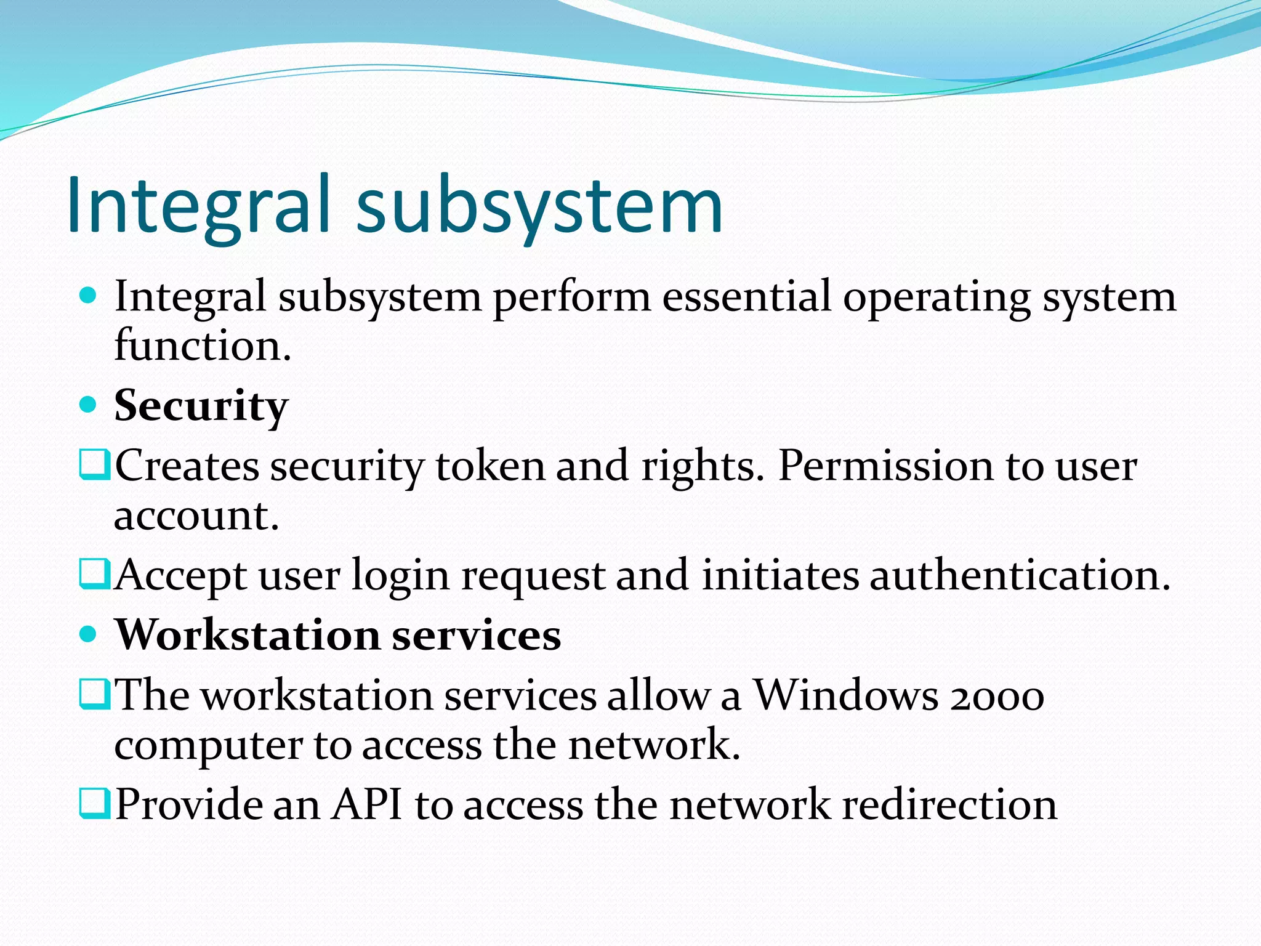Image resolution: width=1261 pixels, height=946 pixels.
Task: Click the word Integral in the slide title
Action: (198, 205)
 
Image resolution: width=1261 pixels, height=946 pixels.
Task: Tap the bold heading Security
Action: (201, 406)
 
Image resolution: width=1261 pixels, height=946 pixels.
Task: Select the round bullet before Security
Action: (89, 405)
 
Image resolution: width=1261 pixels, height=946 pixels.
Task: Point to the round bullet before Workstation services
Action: (89, 634)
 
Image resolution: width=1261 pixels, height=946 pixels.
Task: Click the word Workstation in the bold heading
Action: (248, 635)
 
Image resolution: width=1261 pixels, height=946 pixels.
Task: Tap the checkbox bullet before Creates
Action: (95, 465)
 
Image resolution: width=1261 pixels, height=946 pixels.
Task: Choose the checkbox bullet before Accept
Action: (95, 574)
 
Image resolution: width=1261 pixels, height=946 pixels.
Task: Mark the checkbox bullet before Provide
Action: (95, 803)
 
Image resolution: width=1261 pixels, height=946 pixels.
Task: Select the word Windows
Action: (847, 695)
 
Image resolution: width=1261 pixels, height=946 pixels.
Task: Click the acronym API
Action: (367, 804)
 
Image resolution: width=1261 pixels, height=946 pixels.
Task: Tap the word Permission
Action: (885, 466)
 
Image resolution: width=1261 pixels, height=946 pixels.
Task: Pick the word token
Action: (490, 466)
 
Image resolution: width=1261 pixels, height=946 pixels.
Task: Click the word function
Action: (202, 346)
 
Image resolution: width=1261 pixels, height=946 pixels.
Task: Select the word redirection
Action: (949, 804)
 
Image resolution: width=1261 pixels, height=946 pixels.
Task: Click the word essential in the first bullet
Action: (746, 297)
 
